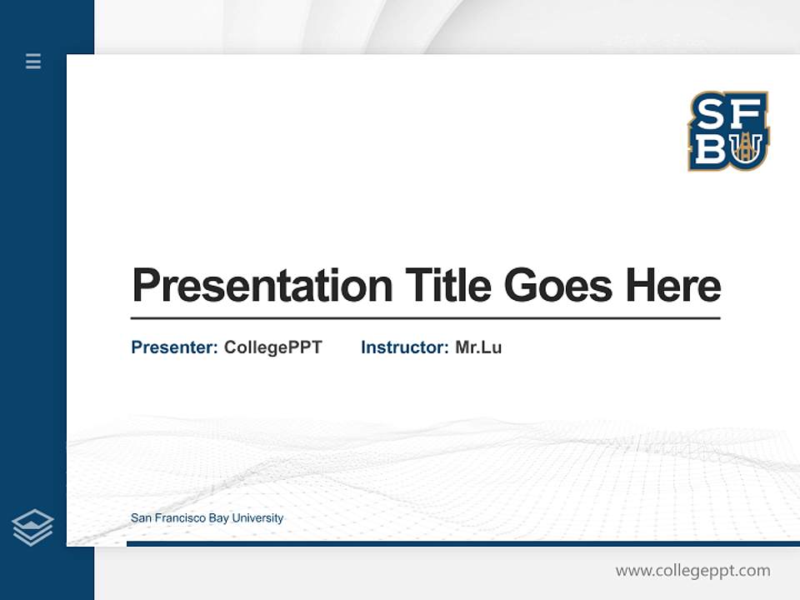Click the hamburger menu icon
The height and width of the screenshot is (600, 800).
click(x=33, y=61)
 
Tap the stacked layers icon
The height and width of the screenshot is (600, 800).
click(x=32, y=527)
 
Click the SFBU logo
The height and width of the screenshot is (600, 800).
click(x=728, y=131)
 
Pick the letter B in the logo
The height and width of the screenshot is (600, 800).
click(x=710, y=149)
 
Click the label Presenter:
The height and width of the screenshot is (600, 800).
click(x=174, y=347)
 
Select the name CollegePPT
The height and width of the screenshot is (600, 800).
click(x=272, y=347)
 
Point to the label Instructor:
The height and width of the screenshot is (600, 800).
click(x=404, y=347)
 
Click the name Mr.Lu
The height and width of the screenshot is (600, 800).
click(x=478, y=347)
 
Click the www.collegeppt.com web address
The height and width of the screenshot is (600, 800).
click(x=692, y=571)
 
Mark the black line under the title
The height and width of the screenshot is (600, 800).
click(x=425, y=318)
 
